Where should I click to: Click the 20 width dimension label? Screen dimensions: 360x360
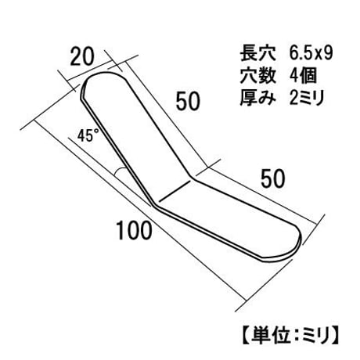(x=81, y=57)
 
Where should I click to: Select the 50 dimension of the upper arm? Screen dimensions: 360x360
(x=188, y=101)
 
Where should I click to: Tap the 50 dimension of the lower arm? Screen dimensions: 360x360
(x=273, y=178)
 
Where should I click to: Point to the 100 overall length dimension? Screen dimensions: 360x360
(x=134, y=231)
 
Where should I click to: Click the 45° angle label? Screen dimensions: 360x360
(x=88, y=136)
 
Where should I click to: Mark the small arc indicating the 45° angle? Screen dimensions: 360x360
(x=118, y=171)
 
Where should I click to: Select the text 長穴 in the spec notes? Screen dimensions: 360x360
(x=257, y=54)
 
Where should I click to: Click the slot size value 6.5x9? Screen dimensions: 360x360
(x=311, y=54)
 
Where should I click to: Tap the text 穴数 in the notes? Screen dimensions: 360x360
(x=257, y=76)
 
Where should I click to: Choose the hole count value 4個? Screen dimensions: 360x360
(x=304, y=76)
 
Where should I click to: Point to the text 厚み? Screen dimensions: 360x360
(x=257, y=98)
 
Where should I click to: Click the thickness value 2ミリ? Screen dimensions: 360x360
(x=307, y=98)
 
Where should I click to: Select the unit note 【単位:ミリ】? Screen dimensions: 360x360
(x=290, y=335)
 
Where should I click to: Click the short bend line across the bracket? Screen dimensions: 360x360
(x=175, y=192)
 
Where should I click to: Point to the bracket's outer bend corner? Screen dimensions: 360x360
(x=154, y=205)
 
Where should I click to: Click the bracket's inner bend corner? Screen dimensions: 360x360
(x=192, y=178)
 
